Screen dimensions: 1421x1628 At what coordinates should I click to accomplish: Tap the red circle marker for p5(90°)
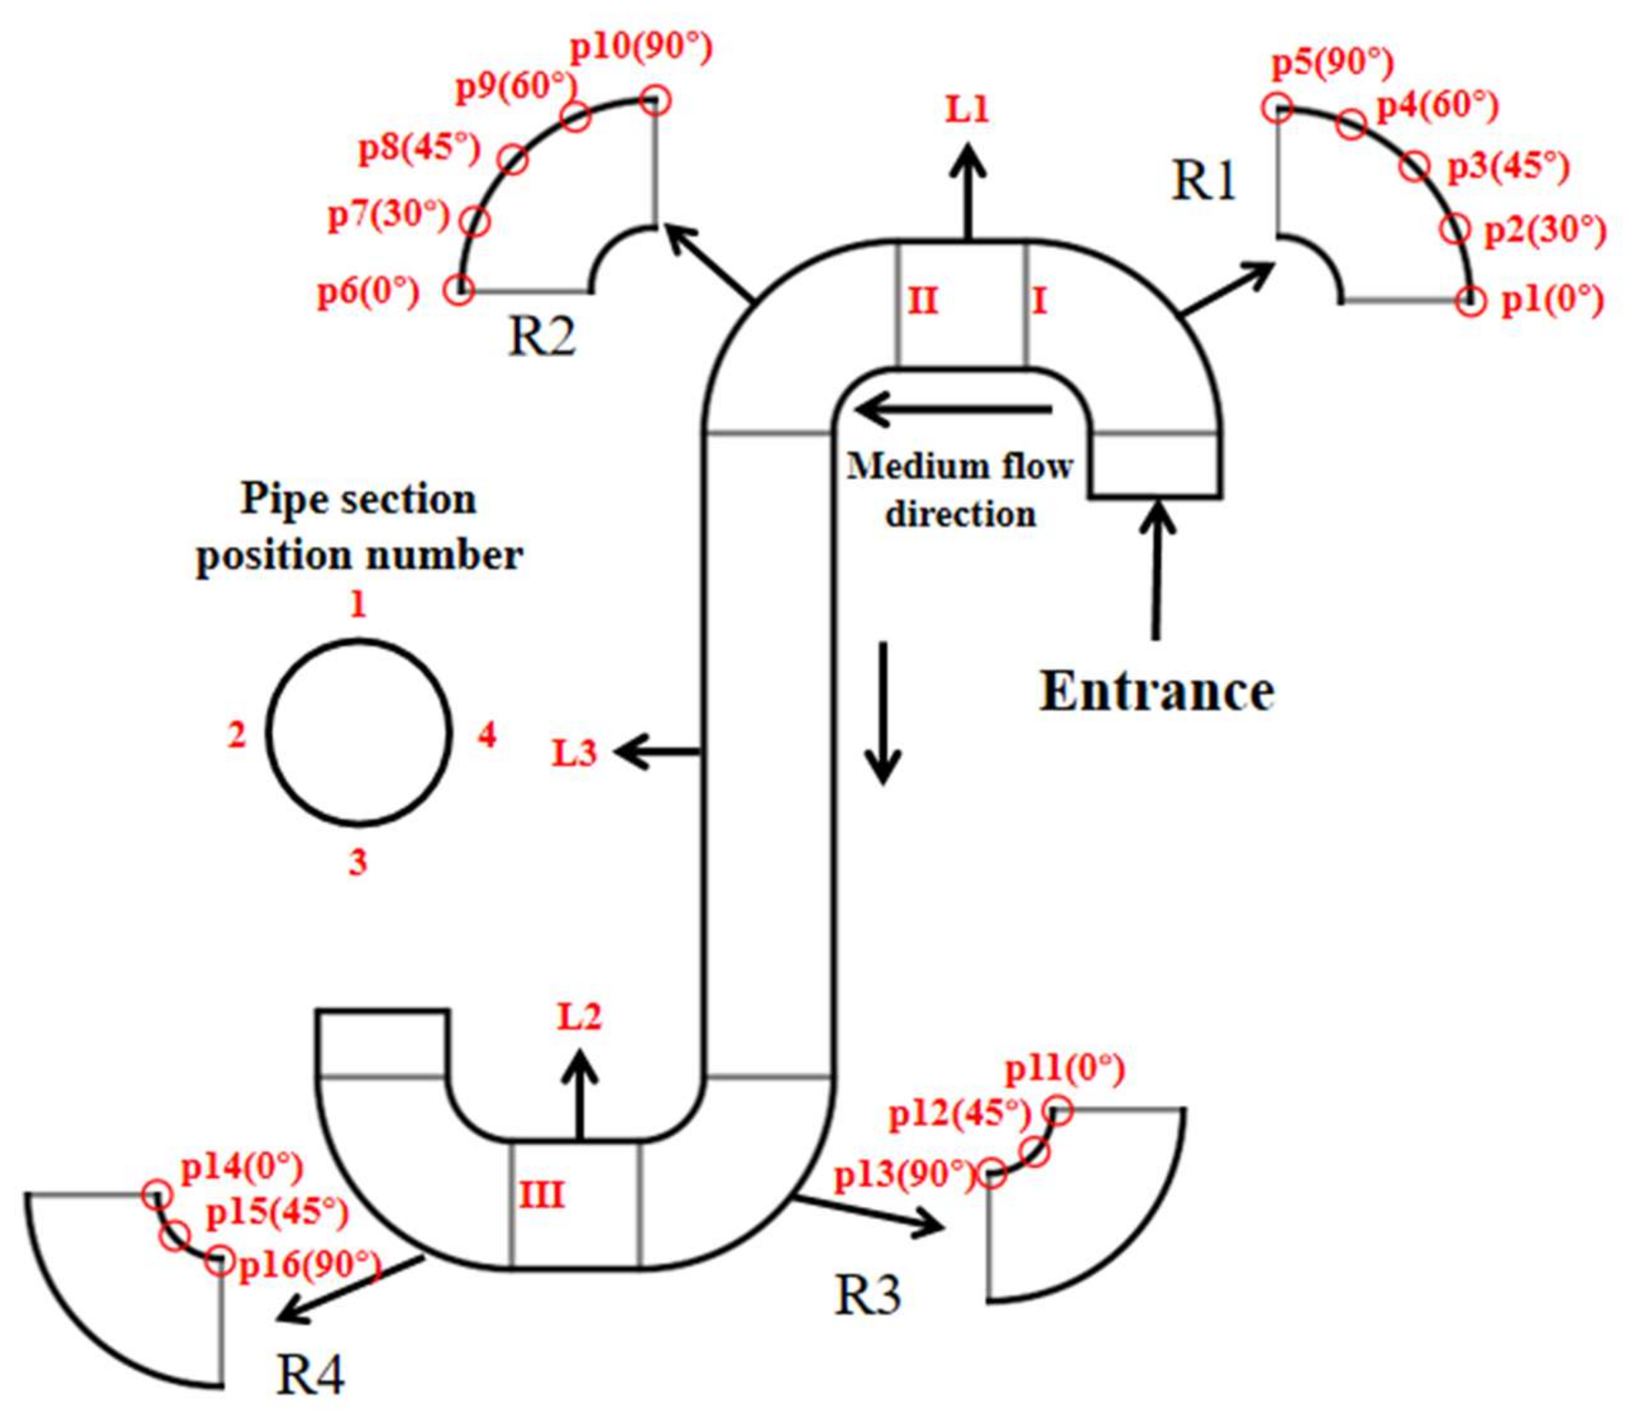pyautogui.click(x=1277, y=108)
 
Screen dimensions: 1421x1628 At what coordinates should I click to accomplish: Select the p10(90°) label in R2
pyautogui.click(x=642, y=49)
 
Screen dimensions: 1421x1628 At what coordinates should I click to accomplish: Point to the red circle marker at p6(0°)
pyautogui.click(x=458, y=289)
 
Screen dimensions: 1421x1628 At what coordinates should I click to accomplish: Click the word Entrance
pyautogui.click(x=1156, y=692)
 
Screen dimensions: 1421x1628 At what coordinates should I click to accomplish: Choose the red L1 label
pyautogui.click(x=967, y=110)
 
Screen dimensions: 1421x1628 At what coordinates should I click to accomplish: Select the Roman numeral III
pyautogui.click(x=542, y=1194)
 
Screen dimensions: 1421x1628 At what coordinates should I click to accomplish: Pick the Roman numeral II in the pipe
pyautogui.click(x=922, y=301)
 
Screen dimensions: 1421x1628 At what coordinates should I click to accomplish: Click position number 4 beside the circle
pyautogui.click(x=486, y=736)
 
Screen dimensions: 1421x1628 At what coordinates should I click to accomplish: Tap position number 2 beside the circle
pyautogui.click(x=237, y=736)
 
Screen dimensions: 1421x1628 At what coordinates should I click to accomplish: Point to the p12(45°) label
pyautogui.click(x=959, y=1115)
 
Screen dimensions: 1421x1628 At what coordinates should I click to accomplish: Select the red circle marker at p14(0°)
pyautogui.click(x=156, y=1195)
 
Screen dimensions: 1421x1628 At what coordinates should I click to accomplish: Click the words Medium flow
pyautogui.click(x=959, y=466)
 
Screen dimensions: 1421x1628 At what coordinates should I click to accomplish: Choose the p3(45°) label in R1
pyautogui.click(x=1508, y=168)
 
